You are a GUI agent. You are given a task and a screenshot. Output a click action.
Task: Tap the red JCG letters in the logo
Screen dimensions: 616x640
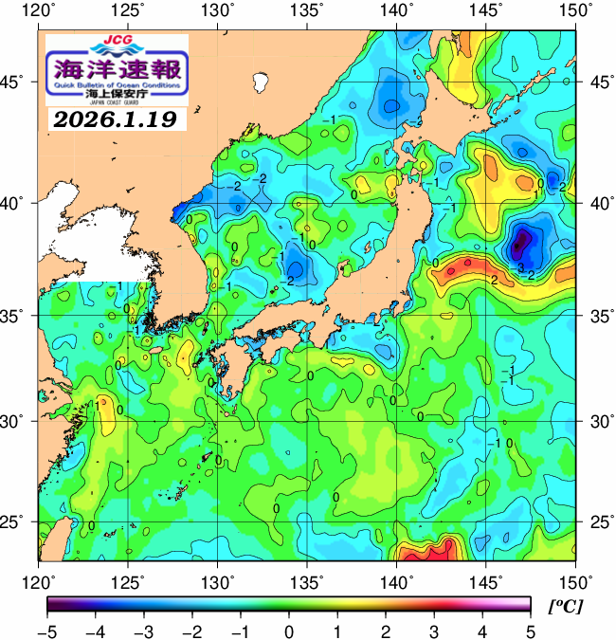point(117,41)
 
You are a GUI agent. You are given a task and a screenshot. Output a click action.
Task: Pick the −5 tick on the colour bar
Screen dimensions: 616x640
point(46,630)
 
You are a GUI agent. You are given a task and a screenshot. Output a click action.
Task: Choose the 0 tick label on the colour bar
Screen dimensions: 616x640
point(288,630)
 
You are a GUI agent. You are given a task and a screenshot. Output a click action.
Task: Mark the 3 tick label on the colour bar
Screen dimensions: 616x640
point(433,630)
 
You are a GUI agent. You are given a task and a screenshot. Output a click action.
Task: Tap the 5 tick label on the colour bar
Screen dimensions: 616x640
point(530,630)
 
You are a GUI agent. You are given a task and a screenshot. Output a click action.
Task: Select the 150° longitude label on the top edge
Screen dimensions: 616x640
point(576,11)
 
